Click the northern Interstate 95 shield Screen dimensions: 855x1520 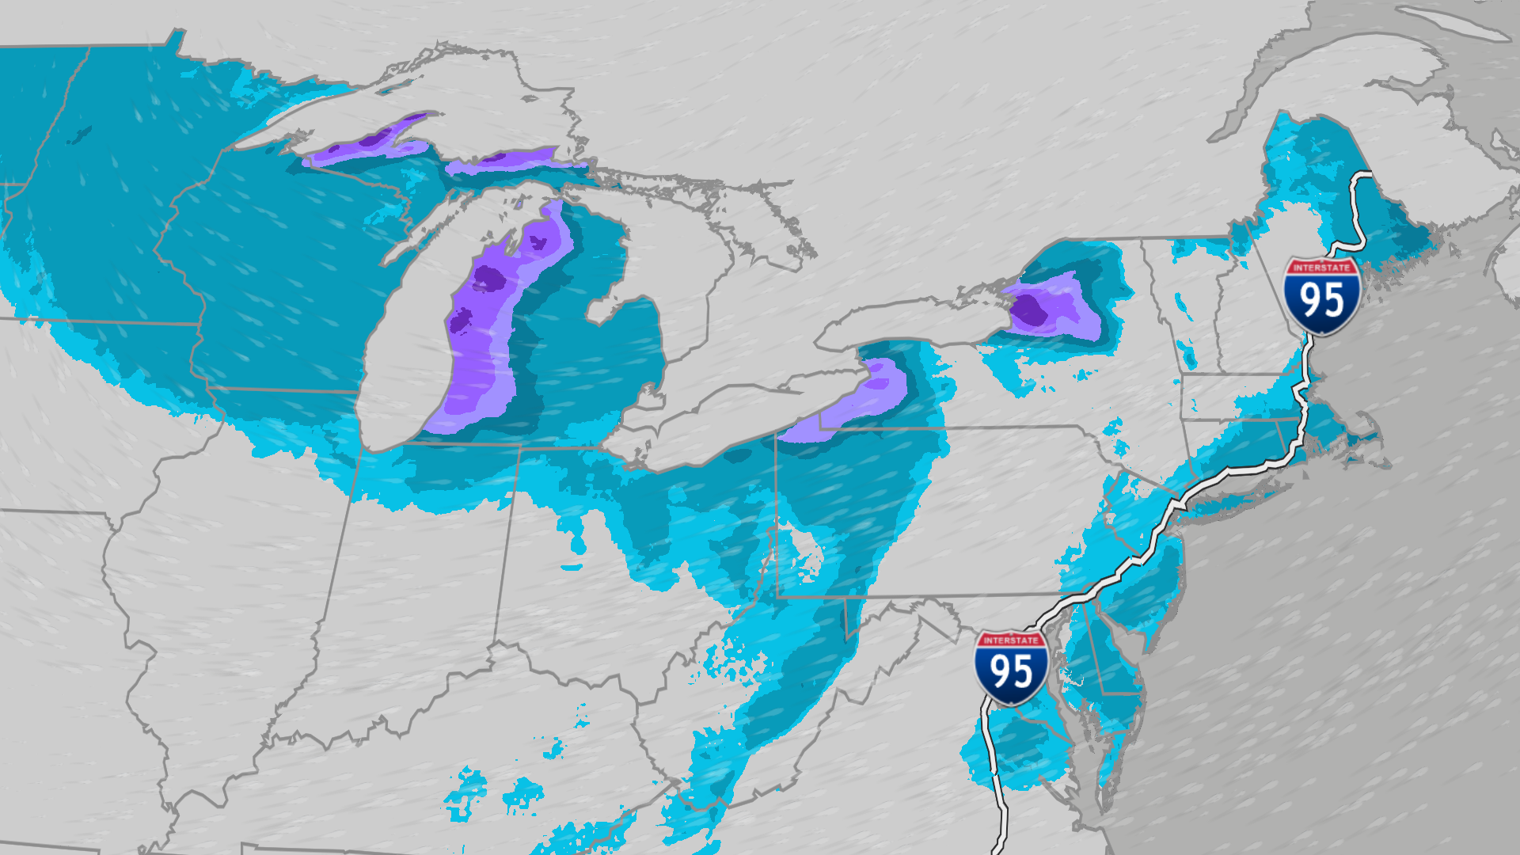click(x=1321, y=295)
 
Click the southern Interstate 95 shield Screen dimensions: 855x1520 click(x=1011, y=667)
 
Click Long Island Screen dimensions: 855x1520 click(x=1243, y=499)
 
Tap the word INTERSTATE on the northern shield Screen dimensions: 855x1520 click(x=1321, y=268)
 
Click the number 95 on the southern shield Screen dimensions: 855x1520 click(x=1011, y=671)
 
